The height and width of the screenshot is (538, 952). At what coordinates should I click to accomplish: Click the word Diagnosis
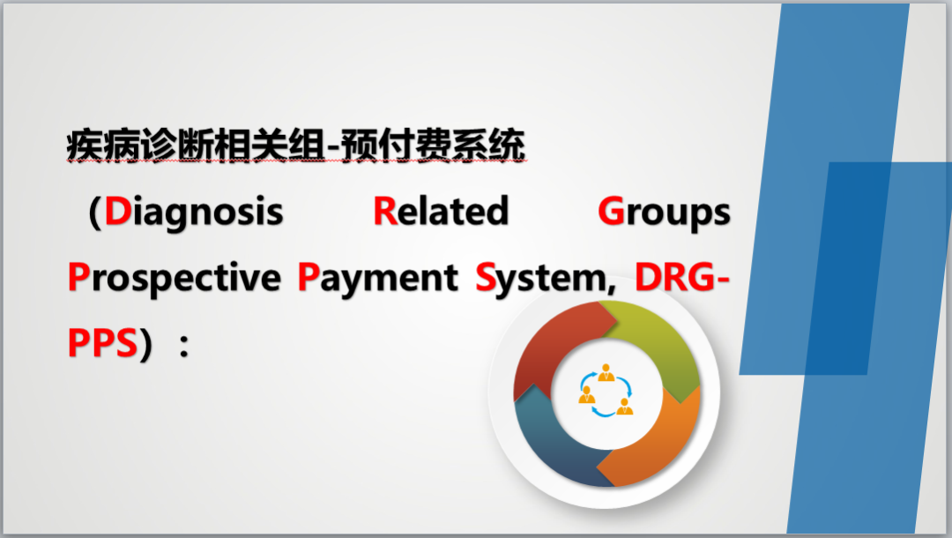pos(194,213)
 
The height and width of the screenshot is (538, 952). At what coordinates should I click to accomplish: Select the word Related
pos(441,211)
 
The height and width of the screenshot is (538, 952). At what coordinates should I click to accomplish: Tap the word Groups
pos(665,213)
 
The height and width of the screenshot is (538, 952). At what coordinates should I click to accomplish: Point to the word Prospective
pos(175,278)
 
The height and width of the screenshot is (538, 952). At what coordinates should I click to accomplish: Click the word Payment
pos(377,278)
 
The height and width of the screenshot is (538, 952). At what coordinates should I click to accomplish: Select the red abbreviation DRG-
pos(681,277)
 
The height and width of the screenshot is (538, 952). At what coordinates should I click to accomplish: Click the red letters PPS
pos(102,343)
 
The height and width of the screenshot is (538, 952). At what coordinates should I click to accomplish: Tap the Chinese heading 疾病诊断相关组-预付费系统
pos(295,146)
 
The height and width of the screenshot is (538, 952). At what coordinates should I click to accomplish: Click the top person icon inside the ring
pos(606,373)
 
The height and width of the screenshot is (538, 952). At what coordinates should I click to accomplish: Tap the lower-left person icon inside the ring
pos(586,395)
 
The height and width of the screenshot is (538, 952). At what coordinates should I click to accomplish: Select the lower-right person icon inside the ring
pos(625,407)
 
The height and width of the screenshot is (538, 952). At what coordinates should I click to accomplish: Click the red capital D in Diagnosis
pos(118,211)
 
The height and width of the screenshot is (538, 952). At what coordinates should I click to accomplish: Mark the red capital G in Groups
pos(612,211)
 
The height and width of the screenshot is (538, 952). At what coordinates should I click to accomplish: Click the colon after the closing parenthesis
pos(184,346)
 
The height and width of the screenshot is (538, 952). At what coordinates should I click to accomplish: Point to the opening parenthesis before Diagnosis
pos(94,213)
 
